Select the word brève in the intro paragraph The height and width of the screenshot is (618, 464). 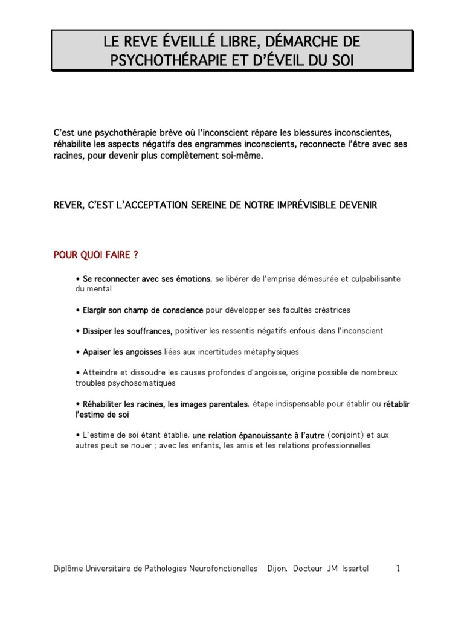pos(170,132)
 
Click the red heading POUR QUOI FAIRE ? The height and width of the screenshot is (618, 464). pos(97,255)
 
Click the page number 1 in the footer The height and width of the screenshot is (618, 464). pos(398,569)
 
